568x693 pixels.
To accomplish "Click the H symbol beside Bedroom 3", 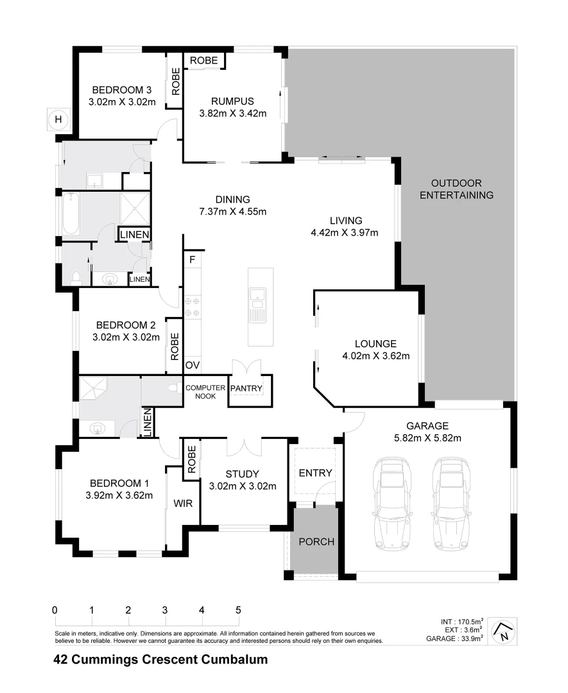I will coord(58,119).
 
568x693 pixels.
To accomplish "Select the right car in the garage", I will coord(451,504).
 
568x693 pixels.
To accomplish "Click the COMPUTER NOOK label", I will coord(205,392).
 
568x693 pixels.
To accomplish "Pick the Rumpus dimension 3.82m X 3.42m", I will coord(233,114).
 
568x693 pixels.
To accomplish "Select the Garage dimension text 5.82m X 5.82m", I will coord(427,438).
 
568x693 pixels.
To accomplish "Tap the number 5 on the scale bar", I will coord(238,610).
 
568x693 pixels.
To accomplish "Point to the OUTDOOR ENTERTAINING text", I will coord(456,189).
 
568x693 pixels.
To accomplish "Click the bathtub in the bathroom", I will coord(70,214).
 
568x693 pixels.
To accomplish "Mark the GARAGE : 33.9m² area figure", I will coord(456,638).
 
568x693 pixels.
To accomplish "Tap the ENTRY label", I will coord(316,473).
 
